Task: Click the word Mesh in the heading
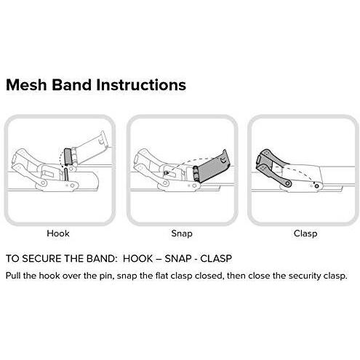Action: click(x=27, y=84)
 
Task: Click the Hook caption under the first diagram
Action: click(x=58, y=233)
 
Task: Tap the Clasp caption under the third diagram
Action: click(x=304, y=233)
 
